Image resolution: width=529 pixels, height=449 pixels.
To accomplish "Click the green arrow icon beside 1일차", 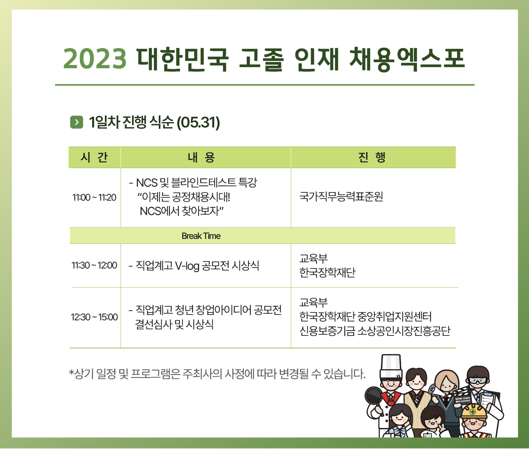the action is point(77,122).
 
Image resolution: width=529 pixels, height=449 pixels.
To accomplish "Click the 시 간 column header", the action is point(95,157).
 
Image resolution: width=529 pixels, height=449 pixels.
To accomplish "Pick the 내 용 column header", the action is point(202,157).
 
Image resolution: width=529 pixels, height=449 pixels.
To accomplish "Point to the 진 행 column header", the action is point(372,157).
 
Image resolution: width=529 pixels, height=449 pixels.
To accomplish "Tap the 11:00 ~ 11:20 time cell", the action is point(95,197).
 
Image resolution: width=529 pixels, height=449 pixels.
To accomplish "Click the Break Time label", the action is point(201,236).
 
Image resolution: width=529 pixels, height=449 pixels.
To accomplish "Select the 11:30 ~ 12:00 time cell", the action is point(95,265).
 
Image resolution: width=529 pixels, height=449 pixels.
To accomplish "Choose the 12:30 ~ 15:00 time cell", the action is point(95,317).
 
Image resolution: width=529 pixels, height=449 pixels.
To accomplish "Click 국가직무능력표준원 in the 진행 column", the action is point(341,197).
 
